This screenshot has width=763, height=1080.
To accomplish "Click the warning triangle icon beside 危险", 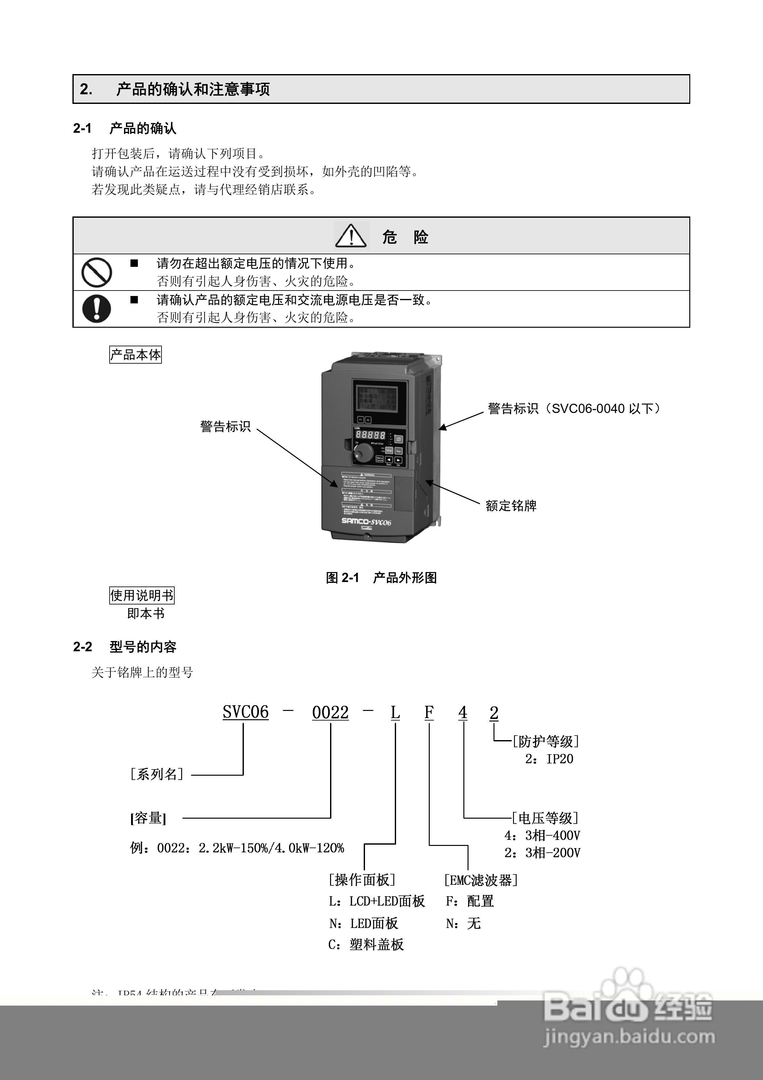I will pos(351,236).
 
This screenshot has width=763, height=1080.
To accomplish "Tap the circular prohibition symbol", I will pos(96,272).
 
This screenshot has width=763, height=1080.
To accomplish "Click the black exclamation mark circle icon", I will pos(96,308).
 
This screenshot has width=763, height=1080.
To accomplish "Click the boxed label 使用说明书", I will pos(142,595).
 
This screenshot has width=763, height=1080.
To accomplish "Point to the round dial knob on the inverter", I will pos(363,452).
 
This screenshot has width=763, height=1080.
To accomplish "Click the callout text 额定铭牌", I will pos(511,506).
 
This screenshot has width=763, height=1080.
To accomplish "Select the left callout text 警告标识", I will pos(226,426).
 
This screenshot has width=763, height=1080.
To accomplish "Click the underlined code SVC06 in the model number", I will pos(245,712).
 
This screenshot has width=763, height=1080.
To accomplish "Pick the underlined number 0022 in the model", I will pos(330,713).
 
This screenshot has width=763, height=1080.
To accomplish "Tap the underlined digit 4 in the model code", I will pos(463,713).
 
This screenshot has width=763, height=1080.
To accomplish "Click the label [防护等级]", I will pos(546,741).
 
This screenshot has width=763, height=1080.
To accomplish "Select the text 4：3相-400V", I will pos(542,835).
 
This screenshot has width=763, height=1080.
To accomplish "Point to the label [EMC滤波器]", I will pos(480,880).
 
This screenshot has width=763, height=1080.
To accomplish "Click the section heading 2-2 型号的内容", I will pos(125,647).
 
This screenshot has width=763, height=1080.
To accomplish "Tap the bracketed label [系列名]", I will pos(157,774).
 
